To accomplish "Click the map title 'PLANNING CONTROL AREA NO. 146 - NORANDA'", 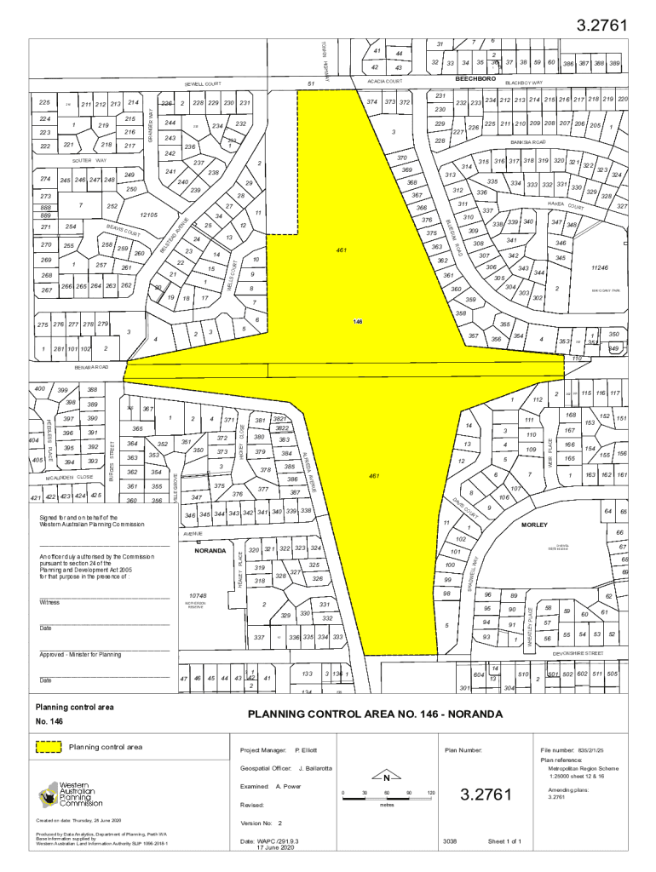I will pos(375,714).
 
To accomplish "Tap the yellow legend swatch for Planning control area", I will pos(49,747).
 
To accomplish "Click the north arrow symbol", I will pos(385,777).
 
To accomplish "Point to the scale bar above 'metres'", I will pos(387,793).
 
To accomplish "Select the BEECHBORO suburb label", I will pos(475,78).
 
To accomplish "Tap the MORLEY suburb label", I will pos(535,525).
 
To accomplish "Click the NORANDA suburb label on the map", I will pos(210,550).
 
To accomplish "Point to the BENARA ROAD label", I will pos(91,367).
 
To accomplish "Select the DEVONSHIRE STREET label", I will pos(578,653).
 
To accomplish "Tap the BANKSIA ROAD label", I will pos(528,141).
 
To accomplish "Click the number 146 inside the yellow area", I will pos(359,322).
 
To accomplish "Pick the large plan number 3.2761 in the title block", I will pos(486,795).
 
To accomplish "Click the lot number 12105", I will pos(149,215).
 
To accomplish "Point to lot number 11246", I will pos(600,267).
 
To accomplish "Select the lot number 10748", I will pos(198,595).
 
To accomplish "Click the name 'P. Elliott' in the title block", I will pos(306,751).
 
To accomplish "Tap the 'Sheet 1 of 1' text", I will pos(504,841).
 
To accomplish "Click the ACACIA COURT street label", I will pos(384,81).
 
